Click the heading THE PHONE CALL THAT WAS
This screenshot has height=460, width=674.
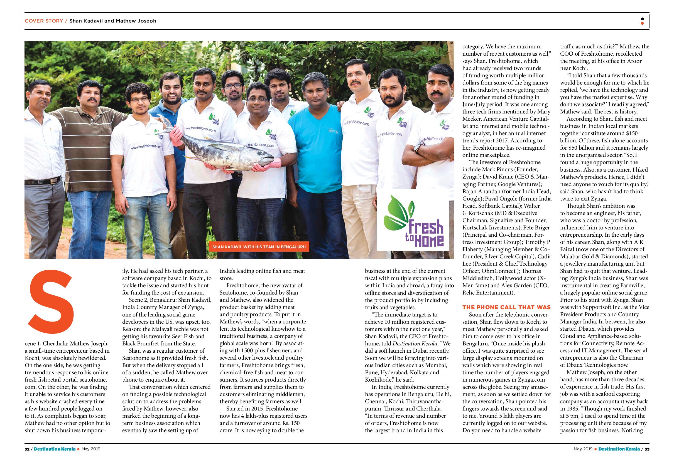(506, 307)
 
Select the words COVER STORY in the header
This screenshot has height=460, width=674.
(44, 21)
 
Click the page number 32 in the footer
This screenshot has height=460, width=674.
(27, 449)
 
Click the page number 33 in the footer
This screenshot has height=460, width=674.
(646, 449)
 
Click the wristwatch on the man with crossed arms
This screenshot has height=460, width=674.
(417, 148)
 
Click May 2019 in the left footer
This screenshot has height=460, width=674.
(91, 449)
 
